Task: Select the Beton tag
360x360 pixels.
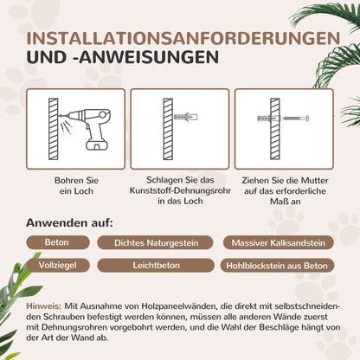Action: [57, 243]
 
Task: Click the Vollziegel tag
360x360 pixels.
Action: [57, 266]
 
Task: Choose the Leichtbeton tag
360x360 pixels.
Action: [151, 266]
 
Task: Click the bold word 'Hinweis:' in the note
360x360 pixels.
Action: [43, 306]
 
